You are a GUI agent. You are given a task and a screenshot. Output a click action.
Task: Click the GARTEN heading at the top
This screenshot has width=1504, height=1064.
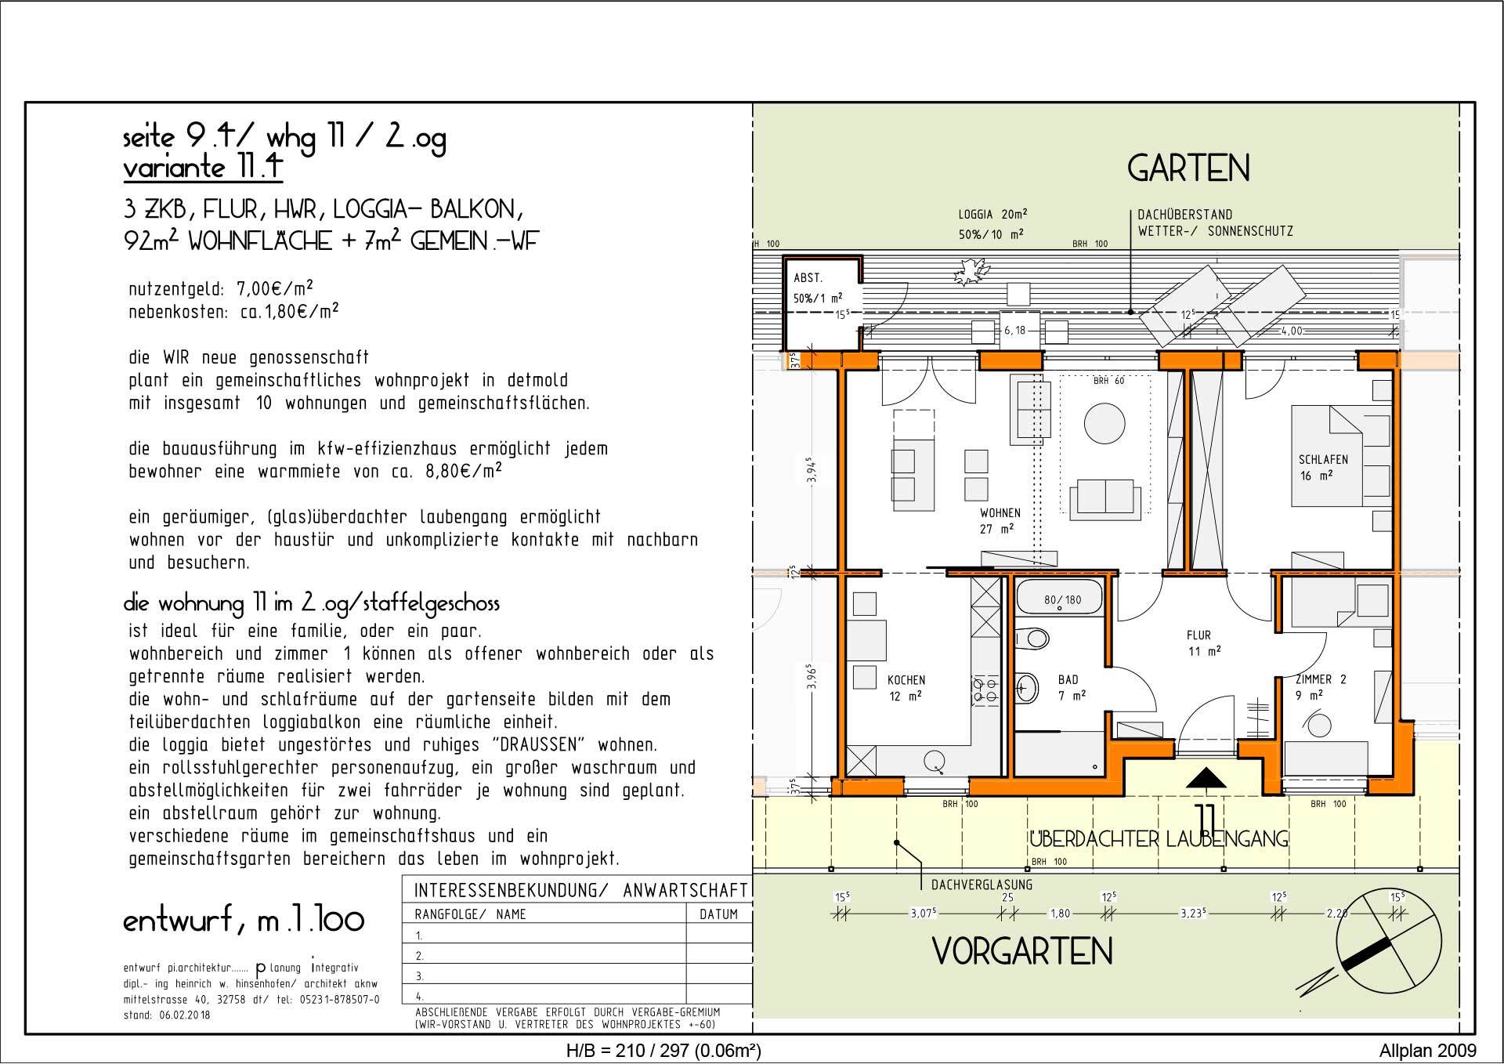tap(1188, 168)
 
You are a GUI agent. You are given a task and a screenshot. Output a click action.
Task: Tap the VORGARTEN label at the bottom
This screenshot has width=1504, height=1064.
tap(1022, 951)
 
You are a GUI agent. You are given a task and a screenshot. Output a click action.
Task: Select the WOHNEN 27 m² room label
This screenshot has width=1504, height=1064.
tap(1000, 521)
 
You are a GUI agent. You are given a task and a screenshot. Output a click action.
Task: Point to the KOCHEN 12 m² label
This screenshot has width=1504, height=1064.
tap(906, 688)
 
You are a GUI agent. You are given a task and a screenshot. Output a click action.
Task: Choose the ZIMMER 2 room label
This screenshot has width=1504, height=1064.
tap(1320, 680)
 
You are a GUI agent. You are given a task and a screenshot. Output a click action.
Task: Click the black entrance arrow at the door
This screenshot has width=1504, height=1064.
tap(1206, 778)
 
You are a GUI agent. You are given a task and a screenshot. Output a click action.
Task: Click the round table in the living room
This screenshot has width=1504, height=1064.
tap(1104, 423)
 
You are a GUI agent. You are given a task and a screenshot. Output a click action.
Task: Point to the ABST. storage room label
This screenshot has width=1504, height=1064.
tap(808, 279)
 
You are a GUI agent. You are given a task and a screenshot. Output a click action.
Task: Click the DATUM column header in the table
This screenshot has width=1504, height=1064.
tap(718, 914)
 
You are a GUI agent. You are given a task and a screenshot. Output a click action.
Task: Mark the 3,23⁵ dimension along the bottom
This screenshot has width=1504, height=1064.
tap(1191, 914)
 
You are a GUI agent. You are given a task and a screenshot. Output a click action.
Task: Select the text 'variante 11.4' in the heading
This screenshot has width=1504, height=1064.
tap(202, 168)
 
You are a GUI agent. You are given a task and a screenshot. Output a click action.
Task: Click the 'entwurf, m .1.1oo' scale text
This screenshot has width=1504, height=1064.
tap(244, 920)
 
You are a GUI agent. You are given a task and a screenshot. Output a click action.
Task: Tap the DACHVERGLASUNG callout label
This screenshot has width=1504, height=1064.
tap(982, 885)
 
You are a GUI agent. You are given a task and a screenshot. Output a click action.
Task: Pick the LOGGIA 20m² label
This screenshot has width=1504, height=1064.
tap(992, 214)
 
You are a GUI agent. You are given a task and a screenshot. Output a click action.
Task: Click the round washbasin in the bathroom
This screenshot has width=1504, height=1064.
tap(1026, 689)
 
